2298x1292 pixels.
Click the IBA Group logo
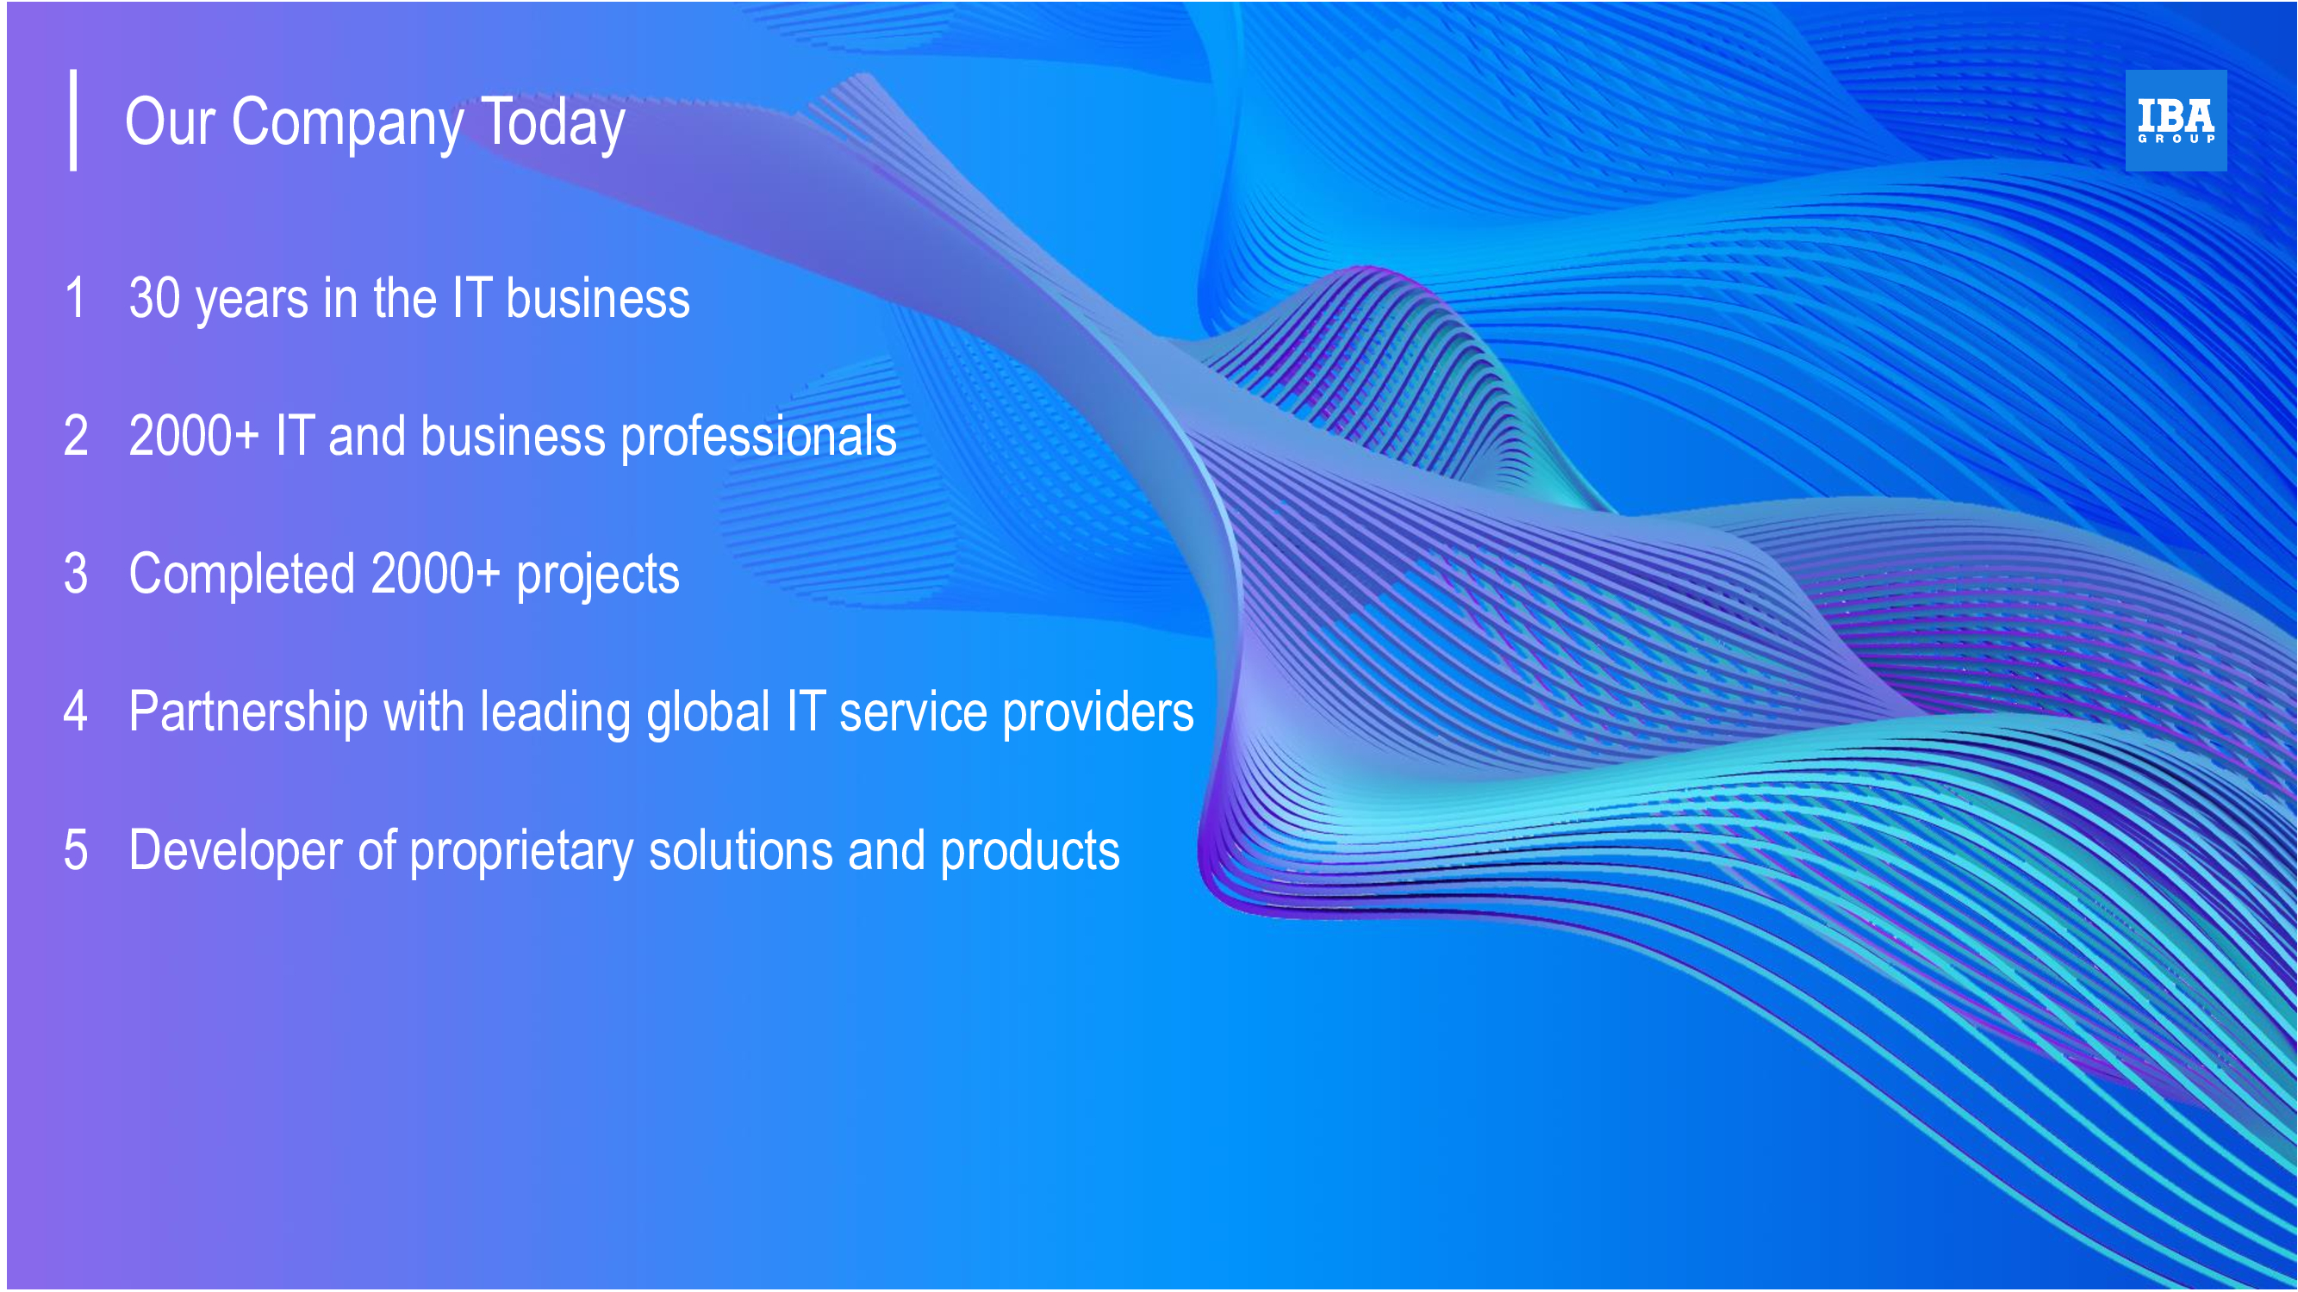(x=2175, y=121)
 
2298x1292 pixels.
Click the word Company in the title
(x=347, y=124)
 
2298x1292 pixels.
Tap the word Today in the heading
(x=552, y=124)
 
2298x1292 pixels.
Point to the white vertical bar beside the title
(x=73, y=120)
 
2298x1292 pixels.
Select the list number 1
(x=76, y=297)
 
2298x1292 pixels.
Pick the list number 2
(x=76, y=436)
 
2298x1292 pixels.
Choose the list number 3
(x=76, y=574)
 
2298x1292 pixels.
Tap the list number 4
(x=76, y=711)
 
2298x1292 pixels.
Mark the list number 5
(x=76, y=850)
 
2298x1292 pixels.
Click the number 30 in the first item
(x=155, y=298)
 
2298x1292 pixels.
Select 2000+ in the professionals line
(x=194, y=436)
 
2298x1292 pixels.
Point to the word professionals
(x=758, y=438)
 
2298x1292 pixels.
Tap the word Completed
(x=242, y=574)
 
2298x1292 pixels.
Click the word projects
(x=598, y=577)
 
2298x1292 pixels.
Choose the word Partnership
(x=248, y=713)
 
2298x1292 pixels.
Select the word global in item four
(x=708, y=713)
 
